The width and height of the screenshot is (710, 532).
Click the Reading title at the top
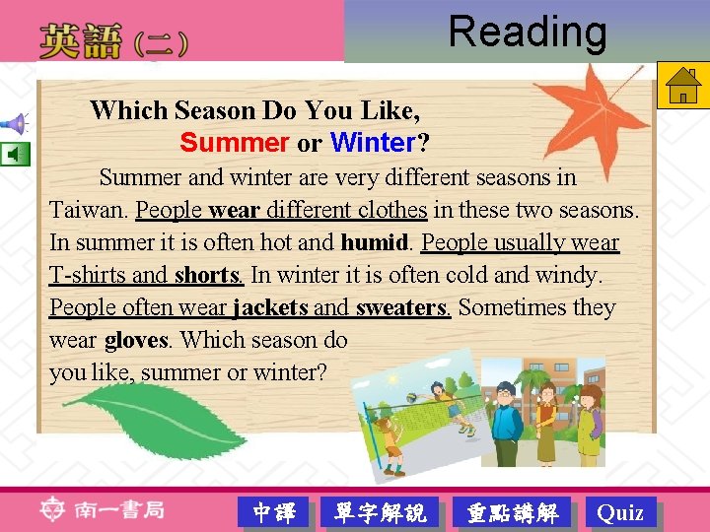(528, 32)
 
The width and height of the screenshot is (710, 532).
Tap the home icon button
(680, 86)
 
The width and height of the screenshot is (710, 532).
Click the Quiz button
(620, 512)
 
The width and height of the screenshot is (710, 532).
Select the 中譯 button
(274, 512)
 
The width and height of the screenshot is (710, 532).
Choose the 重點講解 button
(512, 512)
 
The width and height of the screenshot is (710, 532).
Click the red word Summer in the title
(234, 143)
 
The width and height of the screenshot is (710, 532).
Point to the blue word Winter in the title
(374, 143)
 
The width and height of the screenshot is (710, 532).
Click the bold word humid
(374, 242)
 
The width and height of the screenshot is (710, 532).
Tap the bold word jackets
(269, 307)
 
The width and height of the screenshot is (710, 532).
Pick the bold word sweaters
(401, 307)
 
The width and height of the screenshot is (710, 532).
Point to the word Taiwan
(87, 210)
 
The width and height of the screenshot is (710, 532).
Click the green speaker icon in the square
(15, 155)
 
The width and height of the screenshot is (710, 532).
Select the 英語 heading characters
(81, 42)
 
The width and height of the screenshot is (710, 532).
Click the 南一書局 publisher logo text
(117, 510)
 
